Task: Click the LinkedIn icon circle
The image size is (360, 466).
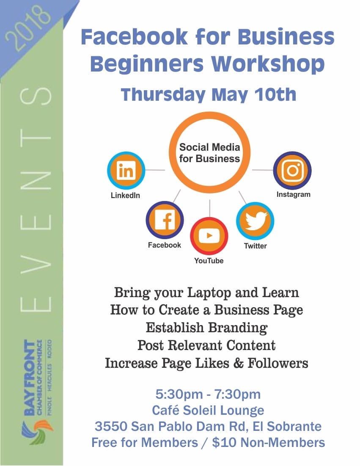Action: [126, 171]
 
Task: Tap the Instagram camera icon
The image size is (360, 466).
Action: [292, 170]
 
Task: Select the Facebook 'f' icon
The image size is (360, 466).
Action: [165, 220]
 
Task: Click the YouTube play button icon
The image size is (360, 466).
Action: [209, 236]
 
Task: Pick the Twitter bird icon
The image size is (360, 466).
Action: [255, 221]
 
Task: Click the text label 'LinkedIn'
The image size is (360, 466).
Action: [125, 196]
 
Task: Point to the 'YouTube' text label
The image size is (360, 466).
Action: [209, 261]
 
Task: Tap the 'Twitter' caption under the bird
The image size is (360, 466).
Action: [256, 246]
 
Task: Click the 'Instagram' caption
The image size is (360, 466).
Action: [294, 194]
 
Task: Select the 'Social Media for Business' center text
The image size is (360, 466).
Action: [209, 153]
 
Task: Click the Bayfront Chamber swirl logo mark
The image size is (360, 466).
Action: [37, 433]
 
